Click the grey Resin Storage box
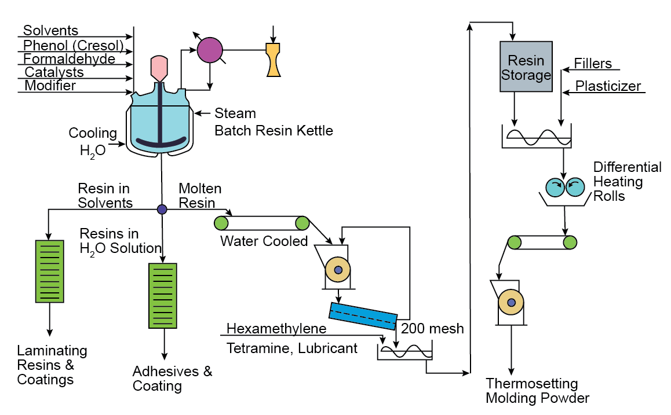[526, 67]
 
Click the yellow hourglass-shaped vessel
[273, 60]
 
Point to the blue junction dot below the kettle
[162, 209]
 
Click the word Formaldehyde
[69, 59]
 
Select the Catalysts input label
[54, 72]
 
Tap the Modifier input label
[50, 86]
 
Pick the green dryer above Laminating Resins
[49, 270]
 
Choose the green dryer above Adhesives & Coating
[163, 295]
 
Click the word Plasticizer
[608, 86]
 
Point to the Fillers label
[593, 63]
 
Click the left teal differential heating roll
[556, 186]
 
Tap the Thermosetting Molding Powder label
[537, 391]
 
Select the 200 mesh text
[432, 329]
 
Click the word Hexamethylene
[276, 329]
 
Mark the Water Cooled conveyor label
[264, 241]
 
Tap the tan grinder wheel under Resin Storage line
[511, 303]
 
